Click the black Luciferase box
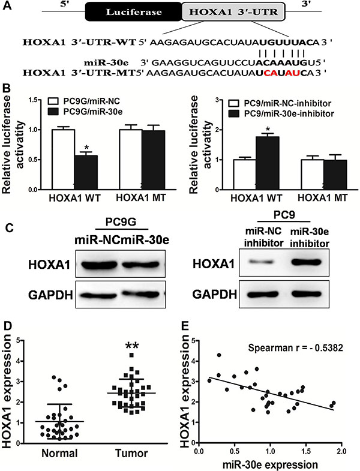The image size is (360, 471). (x=134, y=12)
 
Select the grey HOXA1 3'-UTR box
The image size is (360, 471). (x=233, y=12)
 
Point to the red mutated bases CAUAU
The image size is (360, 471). (x=281, y=73)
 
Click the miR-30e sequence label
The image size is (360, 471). (x=106, y=63)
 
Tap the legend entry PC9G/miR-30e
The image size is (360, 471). (x=85, y=112)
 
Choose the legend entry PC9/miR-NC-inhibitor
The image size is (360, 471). (x=280, y=104)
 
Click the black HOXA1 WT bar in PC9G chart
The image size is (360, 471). (x=86, y=172)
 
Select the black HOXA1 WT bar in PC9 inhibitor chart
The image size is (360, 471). (x=268, y=163)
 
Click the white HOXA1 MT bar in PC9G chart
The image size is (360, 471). (x=131, y=160)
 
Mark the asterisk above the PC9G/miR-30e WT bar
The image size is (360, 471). (x=86, y=148)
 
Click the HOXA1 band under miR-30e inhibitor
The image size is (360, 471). (x=306, y=262)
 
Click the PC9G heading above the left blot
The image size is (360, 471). (x=121, y=222)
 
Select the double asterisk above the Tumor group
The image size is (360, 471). (x=132, y=346)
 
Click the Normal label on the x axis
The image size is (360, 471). (x=59, y=453)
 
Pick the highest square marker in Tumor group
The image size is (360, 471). (x=131, y=355)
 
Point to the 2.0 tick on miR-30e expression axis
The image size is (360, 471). (x=341, y=451)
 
